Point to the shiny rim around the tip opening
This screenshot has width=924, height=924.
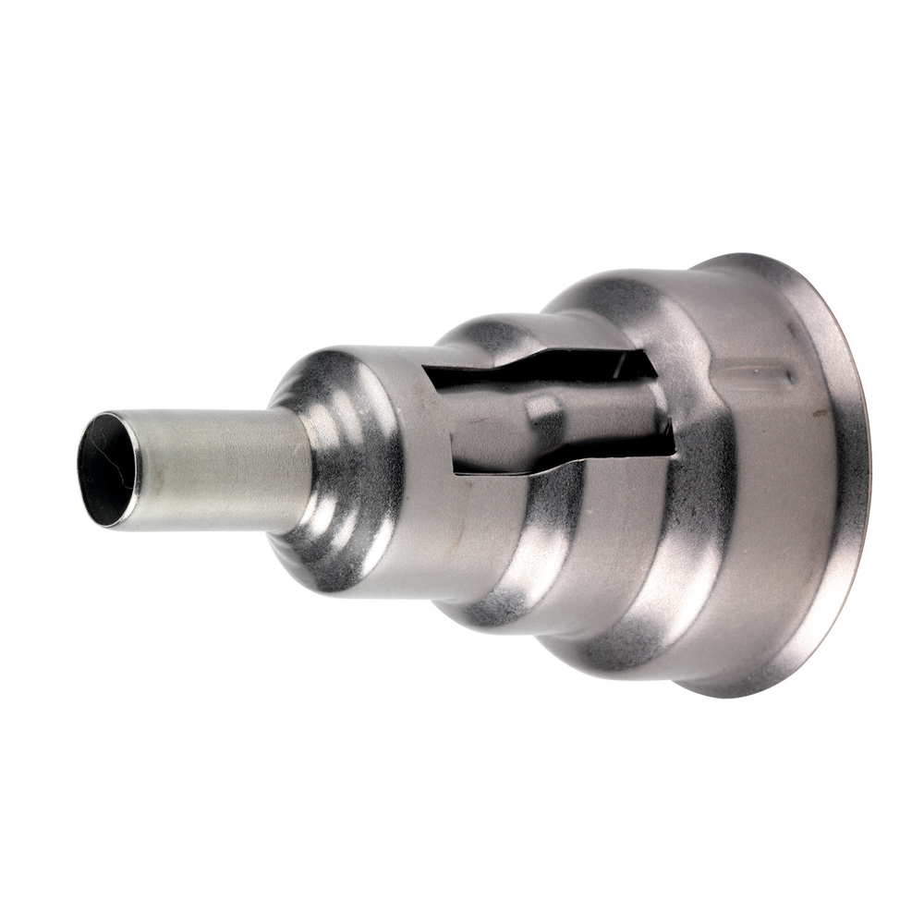coord(137,471)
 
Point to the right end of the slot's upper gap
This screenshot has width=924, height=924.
coord(652,366)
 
